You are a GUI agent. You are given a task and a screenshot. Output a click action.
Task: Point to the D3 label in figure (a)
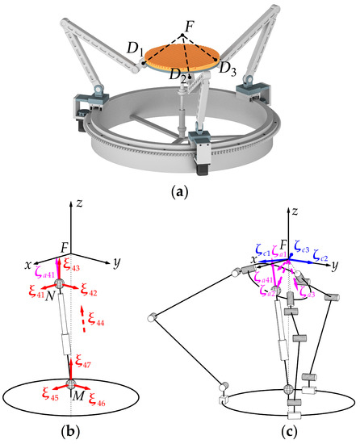tap(229, 66)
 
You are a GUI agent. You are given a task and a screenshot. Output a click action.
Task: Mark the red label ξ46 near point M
tap(98, 398)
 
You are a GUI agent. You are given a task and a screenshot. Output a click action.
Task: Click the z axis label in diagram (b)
tap(73, 209)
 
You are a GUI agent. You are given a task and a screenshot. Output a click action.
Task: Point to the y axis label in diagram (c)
tap(333, 265)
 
